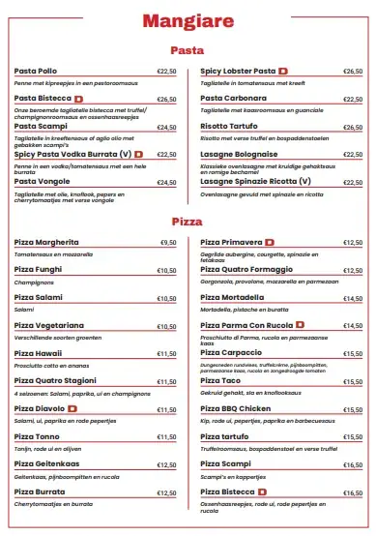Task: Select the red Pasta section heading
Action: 187,49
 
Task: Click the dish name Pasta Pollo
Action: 36,72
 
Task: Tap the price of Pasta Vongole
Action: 166,182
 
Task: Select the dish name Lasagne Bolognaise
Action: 239,154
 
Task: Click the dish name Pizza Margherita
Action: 47,243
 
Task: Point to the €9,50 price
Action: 168,243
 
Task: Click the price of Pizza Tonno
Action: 166,437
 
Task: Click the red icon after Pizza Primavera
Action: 270,242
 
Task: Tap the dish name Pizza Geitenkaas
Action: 47,465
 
